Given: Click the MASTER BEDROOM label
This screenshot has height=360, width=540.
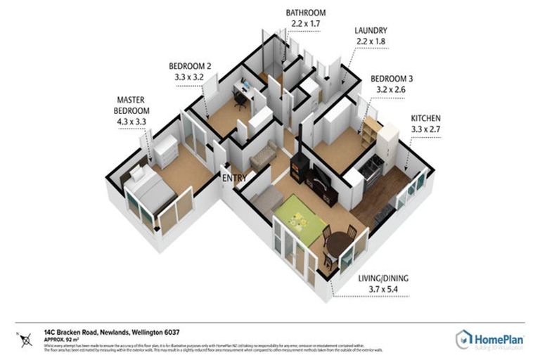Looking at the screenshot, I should [x=132, y=105].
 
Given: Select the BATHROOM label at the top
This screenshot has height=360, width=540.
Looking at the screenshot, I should [x=306, y=13].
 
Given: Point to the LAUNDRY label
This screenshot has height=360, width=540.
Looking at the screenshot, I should [x=371, y=31].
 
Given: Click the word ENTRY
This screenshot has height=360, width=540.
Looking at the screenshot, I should [x=234, y=178].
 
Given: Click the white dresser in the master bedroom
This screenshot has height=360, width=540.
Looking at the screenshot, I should [x=166, y=150].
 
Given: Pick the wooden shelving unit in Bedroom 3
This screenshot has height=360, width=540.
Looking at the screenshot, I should [x=369, y=131].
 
